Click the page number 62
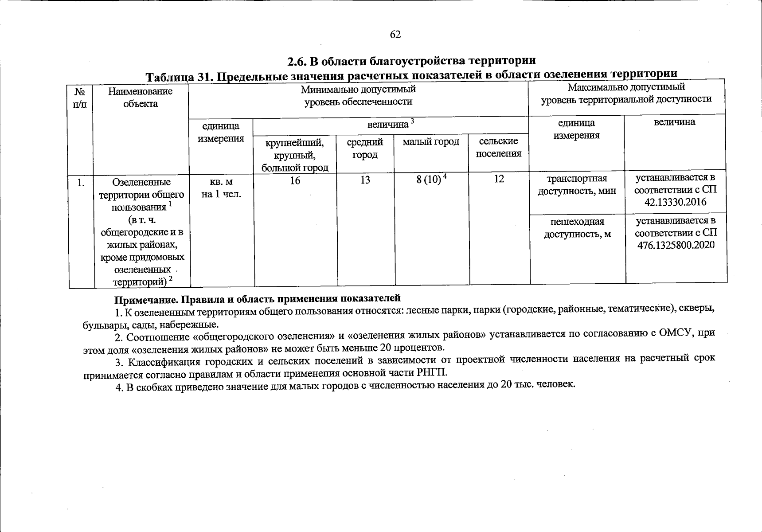395,35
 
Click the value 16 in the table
295,180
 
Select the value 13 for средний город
365,180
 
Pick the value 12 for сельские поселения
499,179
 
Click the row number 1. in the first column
81,182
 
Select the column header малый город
431,142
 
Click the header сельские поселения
499,148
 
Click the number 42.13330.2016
676,203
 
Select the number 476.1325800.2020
676,245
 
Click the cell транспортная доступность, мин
577,185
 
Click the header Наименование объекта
141,98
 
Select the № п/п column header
80,98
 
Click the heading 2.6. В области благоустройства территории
412,60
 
